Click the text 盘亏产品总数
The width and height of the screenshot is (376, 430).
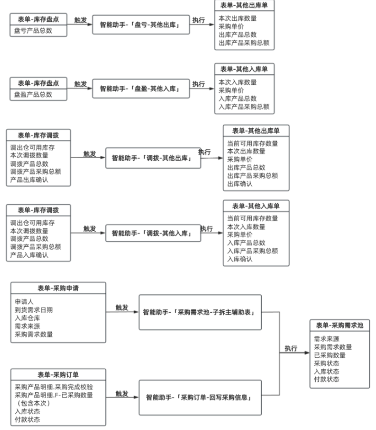pos(34,30)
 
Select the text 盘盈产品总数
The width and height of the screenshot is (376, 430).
pos(34,95)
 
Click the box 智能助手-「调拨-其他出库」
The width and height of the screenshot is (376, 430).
pos(153,158)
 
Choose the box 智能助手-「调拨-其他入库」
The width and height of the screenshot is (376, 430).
pos(153,233)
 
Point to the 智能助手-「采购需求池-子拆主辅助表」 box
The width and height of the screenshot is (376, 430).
pos(199,312)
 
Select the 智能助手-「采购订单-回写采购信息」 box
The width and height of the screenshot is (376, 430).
pos(199,397)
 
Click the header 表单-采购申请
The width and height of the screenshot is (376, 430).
pos(58,288)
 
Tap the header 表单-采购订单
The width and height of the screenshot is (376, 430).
pos(58,375)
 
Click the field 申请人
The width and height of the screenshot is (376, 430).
pos(24,302)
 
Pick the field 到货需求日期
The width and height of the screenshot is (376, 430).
pos(34,310)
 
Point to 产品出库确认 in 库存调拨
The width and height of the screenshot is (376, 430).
pos(29,180)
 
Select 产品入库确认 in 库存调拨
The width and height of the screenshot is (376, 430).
pos(29,255)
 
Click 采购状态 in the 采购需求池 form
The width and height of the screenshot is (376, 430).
pos(326,363)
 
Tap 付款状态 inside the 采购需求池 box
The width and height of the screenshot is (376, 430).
pos(326,379)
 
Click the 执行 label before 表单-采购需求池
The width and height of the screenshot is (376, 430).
pos(291,348)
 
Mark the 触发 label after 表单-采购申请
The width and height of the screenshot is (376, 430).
pos(122,308)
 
